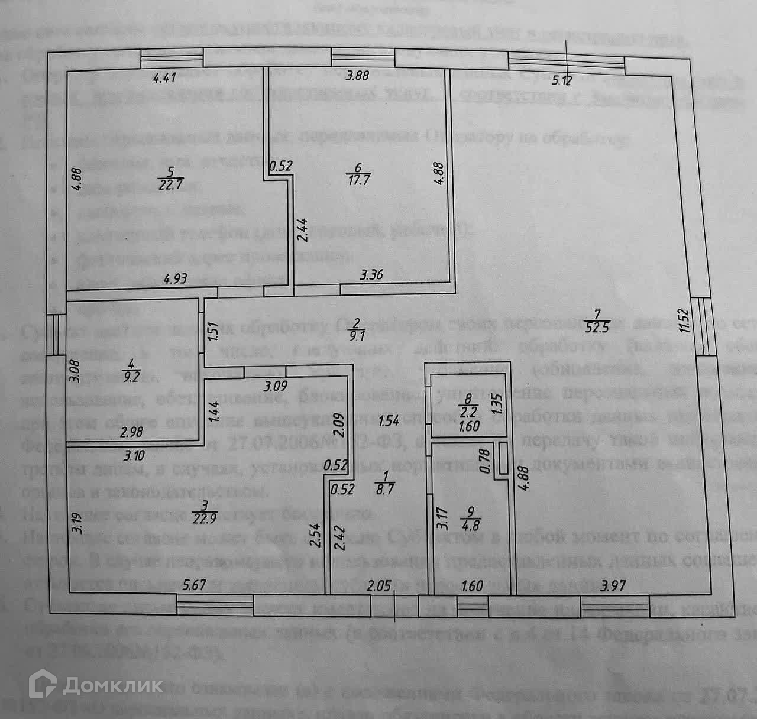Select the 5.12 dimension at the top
[562, 80]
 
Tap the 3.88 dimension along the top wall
[357, 76]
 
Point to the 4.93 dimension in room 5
[175, 278]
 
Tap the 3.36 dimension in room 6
[372, 274]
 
